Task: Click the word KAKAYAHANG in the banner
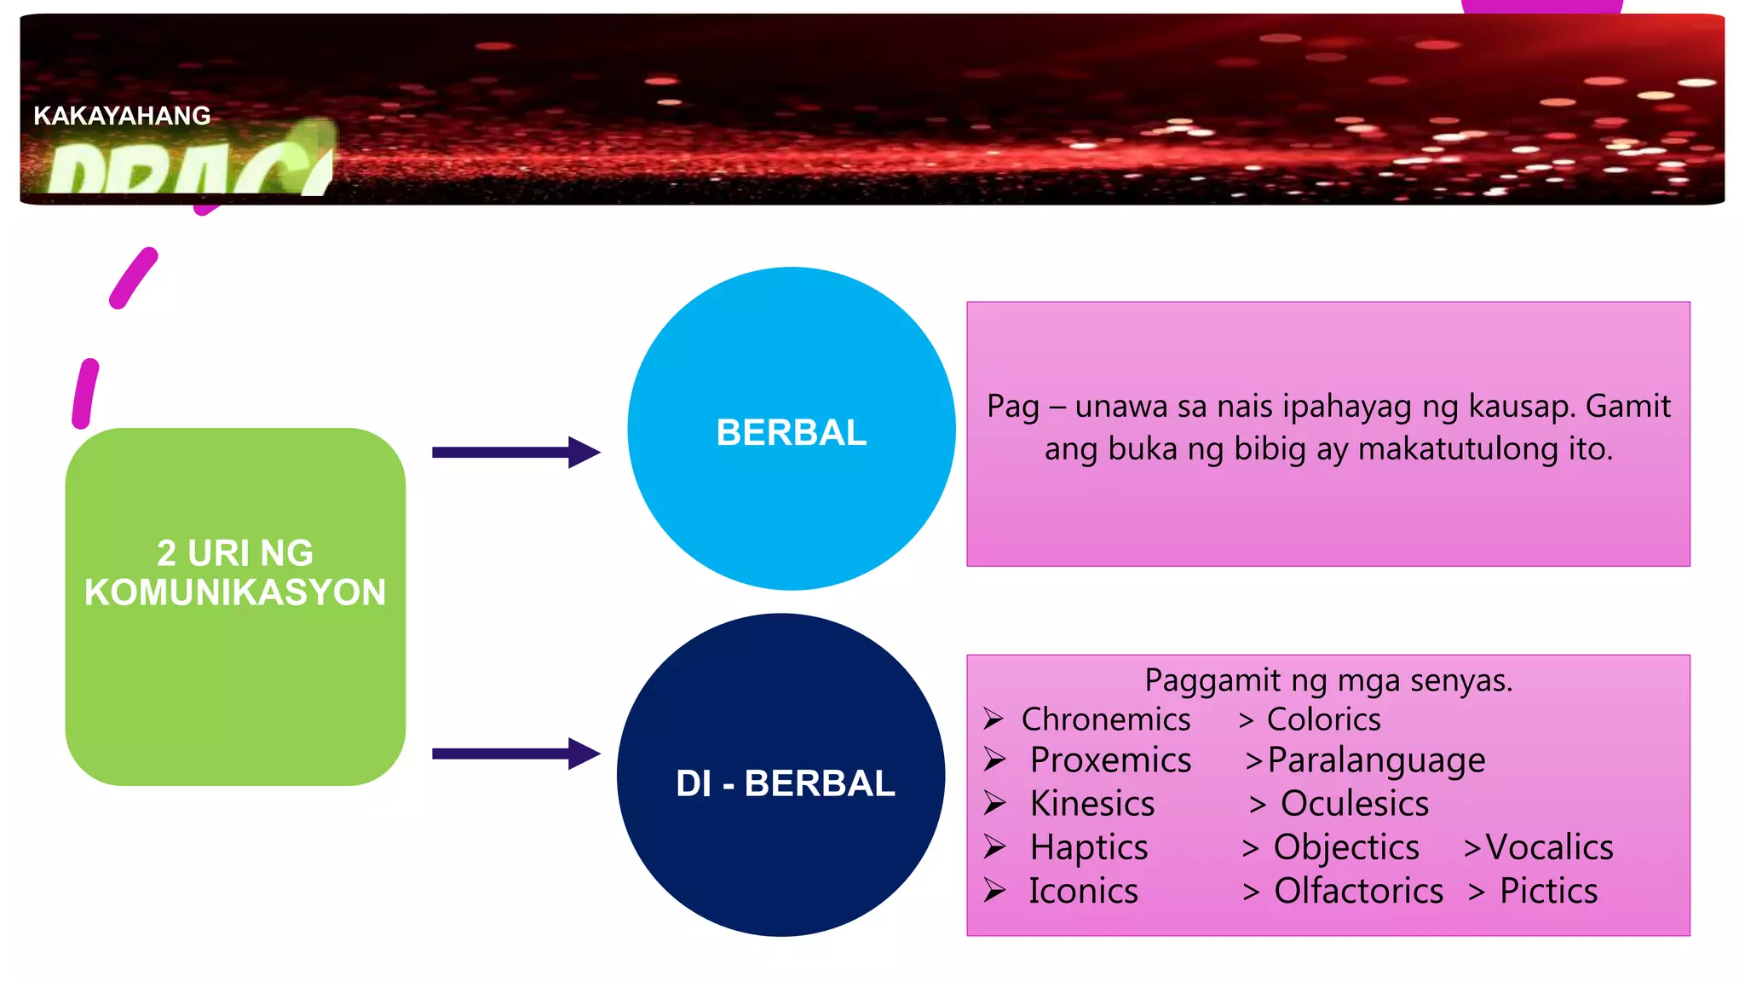point(122,116)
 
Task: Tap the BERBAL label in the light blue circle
point(792,432)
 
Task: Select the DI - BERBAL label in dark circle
point(785,783)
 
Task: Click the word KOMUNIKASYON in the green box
point(235,592)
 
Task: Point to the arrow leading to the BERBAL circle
point(515,453)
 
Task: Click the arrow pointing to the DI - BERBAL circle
point(515,754)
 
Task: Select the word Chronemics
point(1105,720)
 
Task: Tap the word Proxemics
point(1110,760)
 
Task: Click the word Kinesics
point(1091,804)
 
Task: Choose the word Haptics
point(1088,847)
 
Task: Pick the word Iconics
point(1083,891)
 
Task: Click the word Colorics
point(1323,720)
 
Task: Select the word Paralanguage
point(1376,760)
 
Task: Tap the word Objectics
point(1346,847)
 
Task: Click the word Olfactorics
point(1358,891)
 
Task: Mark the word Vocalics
point(1549,847)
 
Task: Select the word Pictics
point(1548,891)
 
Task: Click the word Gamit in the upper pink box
point(1627,406)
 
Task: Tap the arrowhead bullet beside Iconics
point(994,890)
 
